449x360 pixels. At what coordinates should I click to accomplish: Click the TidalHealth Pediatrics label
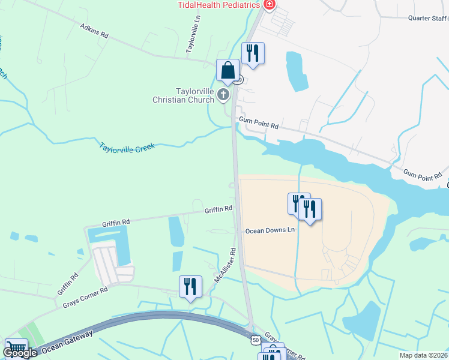218,5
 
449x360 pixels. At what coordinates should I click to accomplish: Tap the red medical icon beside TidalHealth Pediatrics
270,5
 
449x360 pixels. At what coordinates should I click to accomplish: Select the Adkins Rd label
94,31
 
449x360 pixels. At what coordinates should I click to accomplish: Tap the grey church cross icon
223,94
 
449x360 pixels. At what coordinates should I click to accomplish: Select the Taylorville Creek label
127,146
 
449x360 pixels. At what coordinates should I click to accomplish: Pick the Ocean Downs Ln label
270,230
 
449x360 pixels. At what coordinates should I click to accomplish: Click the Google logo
20,353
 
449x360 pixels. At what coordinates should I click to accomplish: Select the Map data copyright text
423,355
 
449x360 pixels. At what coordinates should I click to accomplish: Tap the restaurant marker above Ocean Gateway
190,287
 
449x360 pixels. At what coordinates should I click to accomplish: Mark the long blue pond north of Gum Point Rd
295,70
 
